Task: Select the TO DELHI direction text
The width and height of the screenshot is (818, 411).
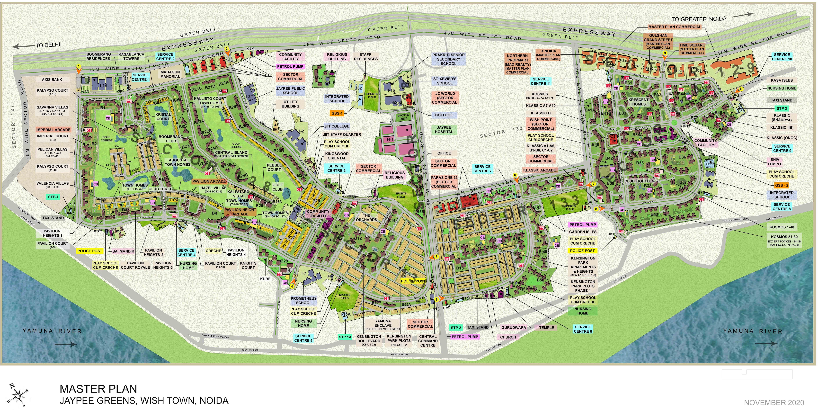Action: tap(48, 45)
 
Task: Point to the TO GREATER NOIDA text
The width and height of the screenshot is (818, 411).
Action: tap(699, 19)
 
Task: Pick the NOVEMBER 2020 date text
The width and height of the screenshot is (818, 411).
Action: tap(774, 403)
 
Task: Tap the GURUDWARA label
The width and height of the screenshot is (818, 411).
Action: tap(514, 327)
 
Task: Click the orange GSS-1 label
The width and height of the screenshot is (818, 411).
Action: tap(337, 113)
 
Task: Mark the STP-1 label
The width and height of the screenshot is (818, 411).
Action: tap(53, 197)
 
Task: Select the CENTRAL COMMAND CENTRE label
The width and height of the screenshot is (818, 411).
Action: tap(428, 341)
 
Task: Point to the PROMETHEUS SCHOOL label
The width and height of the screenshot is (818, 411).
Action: tap(304, 300)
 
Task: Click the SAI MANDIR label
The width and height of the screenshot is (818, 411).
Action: tap(123, 251)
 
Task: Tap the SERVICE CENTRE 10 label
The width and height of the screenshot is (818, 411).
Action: tap(782, 57)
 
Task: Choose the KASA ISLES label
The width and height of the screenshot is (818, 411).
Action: tap(782, 80)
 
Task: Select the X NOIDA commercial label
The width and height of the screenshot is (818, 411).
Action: tap(548, 55)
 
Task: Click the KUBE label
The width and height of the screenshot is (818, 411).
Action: tap(266, 279)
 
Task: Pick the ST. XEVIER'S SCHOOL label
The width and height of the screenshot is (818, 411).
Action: tap(445, 81)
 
